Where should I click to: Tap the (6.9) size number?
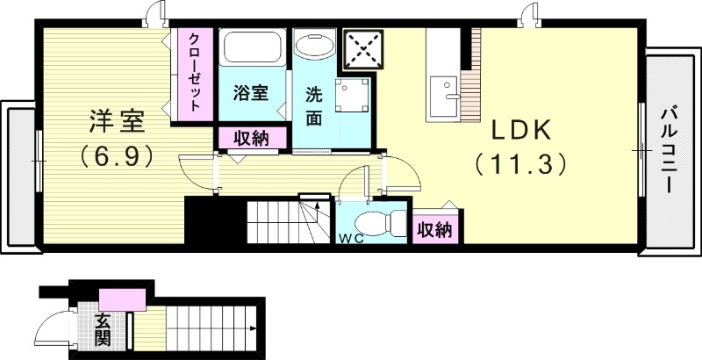click(115, 155)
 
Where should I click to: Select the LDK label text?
click(519, 130)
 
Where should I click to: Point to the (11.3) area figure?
click(519, 164)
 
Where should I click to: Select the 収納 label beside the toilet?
click(434, 230)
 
